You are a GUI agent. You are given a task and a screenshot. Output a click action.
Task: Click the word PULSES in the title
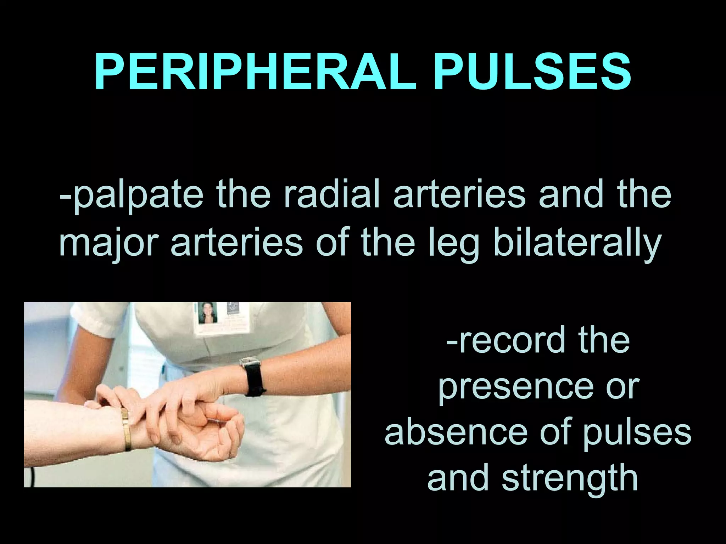pos(533,73)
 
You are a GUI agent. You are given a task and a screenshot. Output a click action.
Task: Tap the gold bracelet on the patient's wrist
pos(126,429)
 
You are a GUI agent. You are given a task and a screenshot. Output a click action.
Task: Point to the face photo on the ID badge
pos(207,313)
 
